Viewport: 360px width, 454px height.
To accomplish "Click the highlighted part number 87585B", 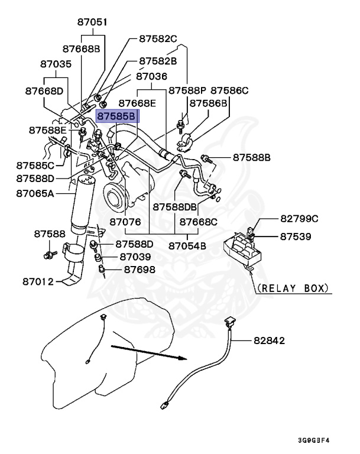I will coord(117,116).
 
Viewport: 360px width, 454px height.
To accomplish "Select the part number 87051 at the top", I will coord(92,22).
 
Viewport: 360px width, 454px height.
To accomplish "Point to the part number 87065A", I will coord(35,193).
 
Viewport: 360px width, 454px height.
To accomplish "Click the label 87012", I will coord(33,282).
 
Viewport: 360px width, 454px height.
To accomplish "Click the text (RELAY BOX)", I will coord(292,288).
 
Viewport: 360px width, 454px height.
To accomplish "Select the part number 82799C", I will coord(298,219).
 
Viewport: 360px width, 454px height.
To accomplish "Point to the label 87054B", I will coord(189,245).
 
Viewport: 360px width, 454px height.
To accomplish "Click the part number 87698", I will coord(140,270).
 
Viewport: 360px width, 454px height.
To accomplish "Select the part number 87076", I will coord(124,222).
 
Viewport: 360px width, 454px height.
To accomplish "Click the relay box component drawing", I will coord(245,248).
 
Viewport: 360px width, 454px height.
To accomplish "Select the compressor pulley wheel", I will coord(115,197).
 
